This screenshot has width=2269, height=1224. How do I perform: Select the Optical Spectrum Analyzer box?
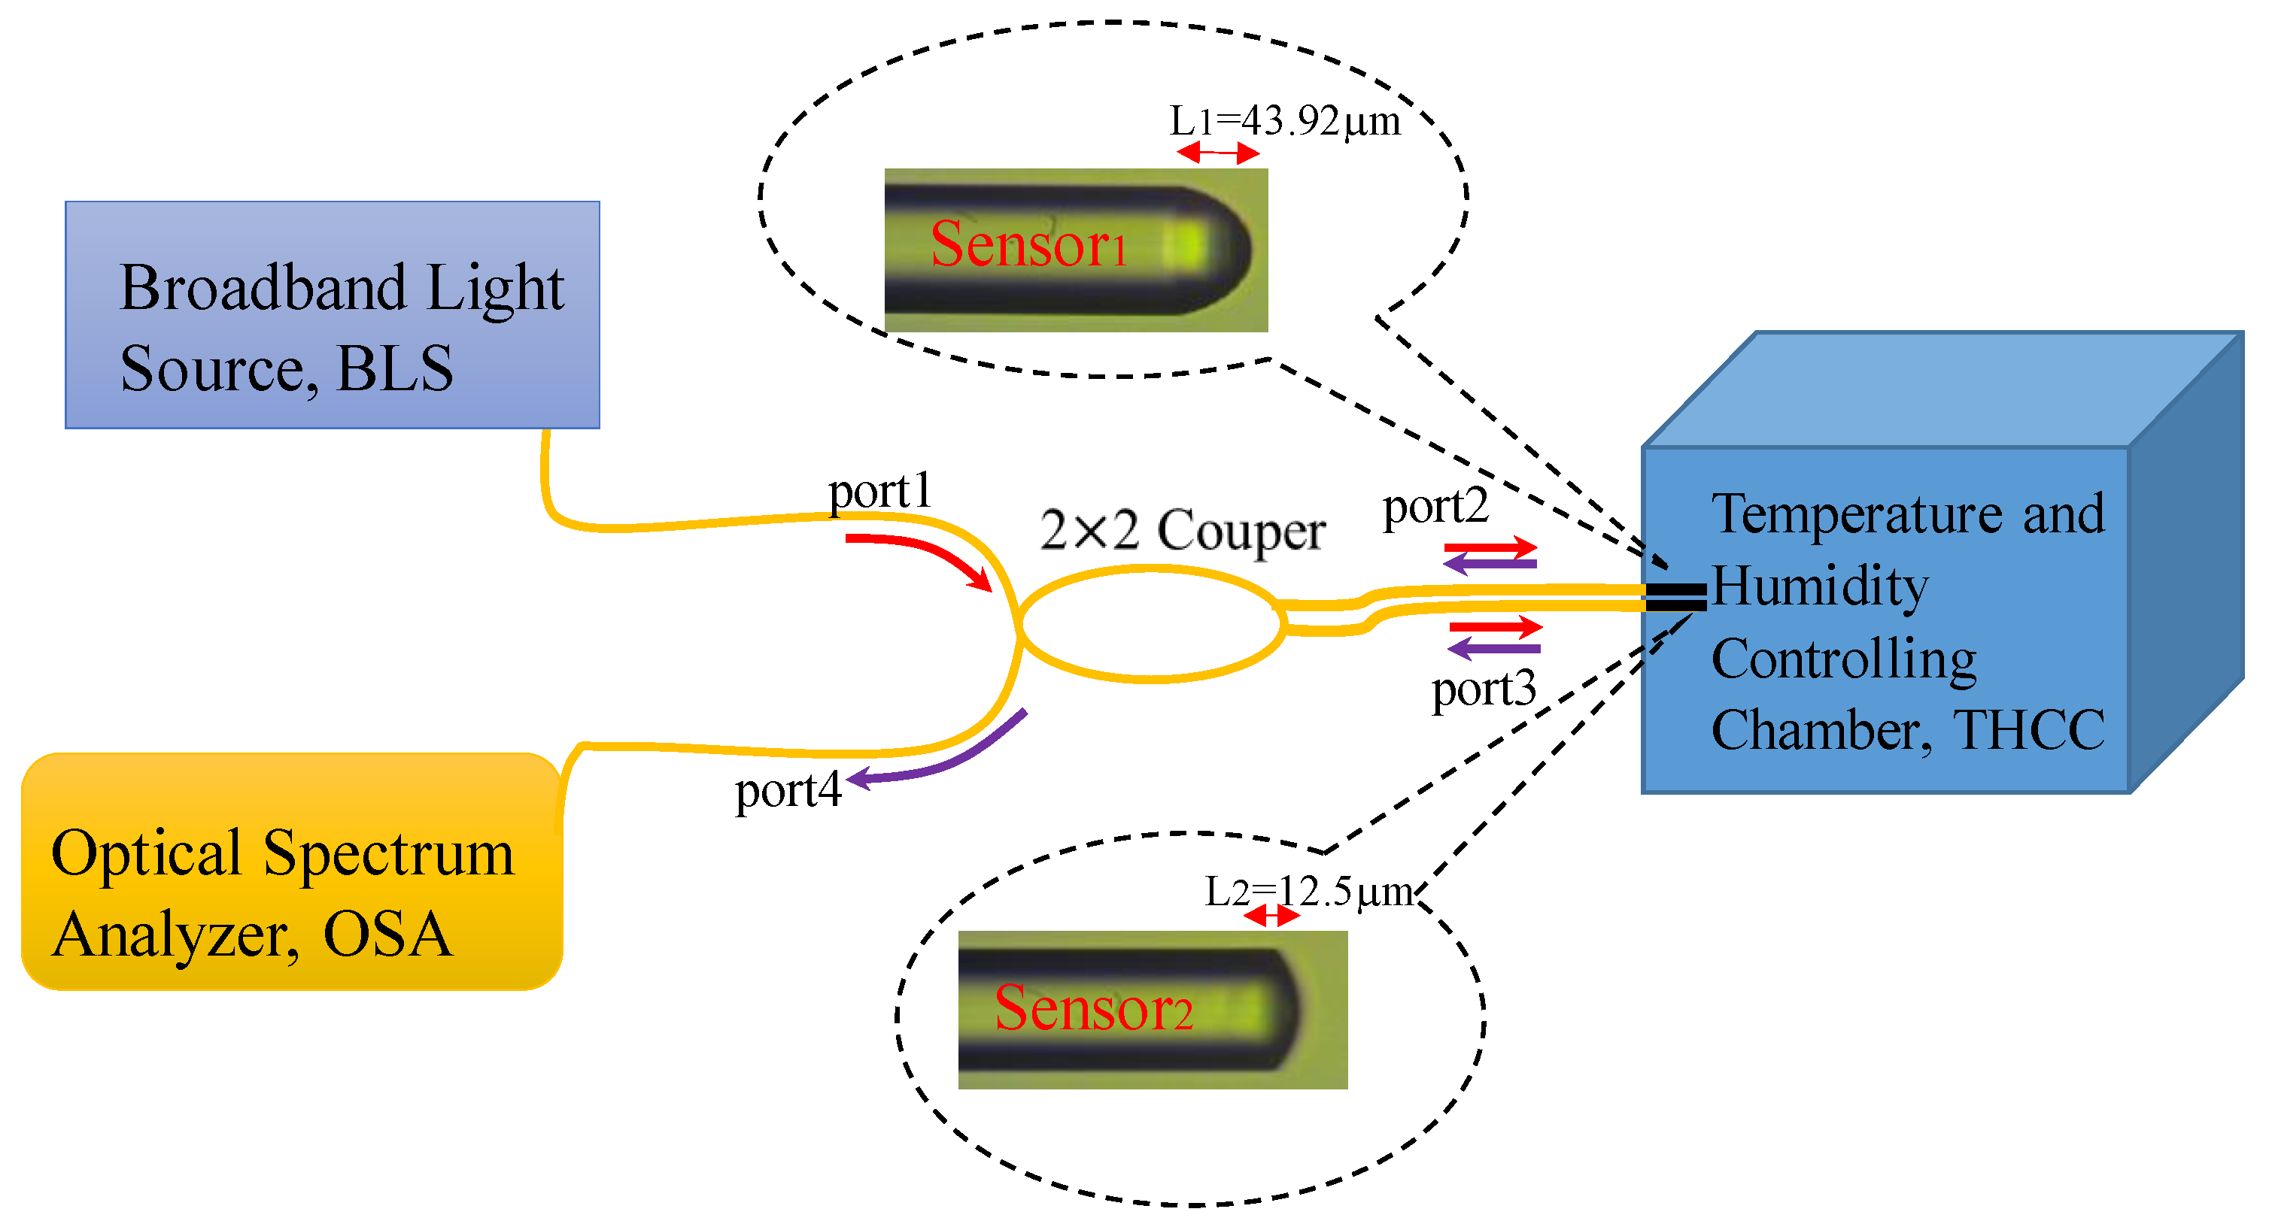point(290,872)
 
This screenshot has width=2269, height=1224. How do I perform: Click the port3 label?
point(1484,689)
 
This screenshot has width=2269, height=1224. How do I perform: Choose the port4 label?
point(788,791)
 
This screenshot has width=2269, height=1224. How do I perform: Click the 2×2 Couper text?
point(1182,531)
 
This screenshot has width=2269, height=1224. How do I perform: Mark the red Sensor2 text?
point(1093,1008)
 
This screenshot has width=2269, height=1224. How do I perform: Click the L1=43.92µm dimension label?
point(1283,122)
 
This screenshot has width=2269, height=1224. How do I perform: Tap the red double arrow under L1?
point(1218,153)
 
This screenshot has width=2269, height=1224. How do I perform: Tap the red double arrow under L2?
point(1270,916)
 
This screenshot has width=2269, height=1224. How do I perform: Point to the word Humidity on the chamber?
point(1819,586)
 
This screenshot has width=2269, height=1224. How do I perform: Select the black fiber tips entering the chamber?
point(1675,597)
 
